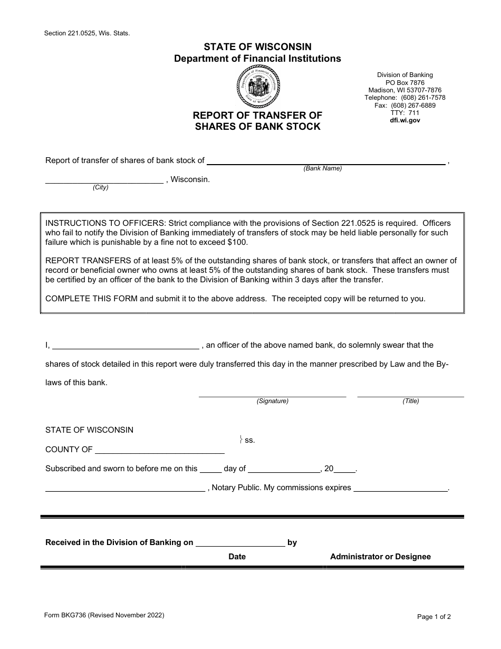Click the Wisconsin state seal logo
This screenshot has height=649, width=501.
[x=258, y=87]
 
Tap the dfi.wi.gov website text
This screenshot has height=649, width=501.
[x=405, y=120]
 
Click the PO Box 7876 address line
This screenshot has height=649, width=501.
[x=405, y=83]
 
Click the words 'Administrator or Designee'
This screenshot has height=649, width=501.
[x=380, y=557]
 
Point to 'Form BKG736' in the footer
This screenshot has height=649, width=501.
[x=66, y=615]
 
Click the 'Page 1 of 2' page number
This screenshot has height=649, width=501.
[x=434, y=616]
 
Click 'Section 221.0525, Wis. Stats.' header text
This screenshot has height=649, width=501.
[x=87, y=33]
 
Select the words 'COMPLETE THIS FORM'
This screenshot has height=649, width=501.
[x=92, y=298]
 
